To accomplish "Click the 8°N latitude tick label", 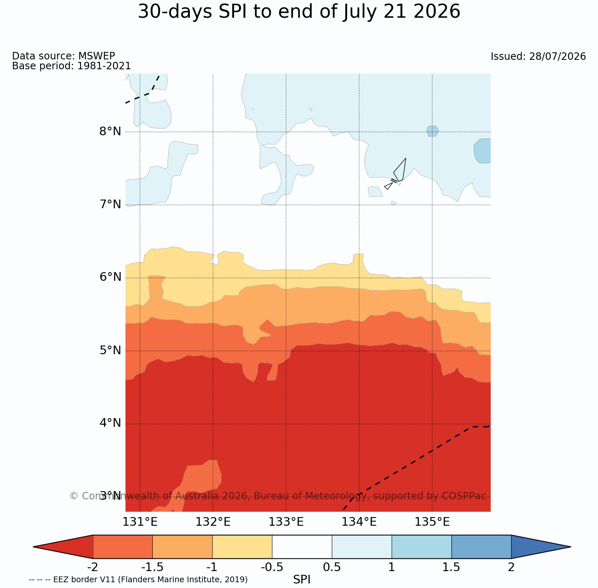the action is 110,132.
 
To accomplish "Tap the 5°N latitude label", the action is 110,350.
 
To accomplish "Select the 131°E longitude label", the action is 140,522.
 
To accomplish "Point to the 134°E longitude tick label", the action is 359,522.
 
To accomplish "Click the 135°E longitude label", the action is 432,522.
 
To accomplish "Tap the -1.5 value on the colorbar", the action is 152,567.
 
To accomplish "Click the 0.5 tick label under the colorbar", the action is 332,567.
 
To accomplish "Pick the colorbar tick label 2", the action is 511,567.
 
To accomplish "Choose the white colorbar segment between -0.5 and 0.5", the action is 302,547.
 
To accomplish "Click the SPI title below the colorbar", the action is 302,579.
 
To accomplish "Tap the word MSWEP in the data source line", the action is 97,56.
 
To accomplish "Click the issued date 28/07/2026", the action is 557,56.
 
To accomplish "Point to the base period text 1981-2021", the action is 104,66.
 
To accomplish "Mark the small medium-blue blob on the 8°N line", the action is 432,131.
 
